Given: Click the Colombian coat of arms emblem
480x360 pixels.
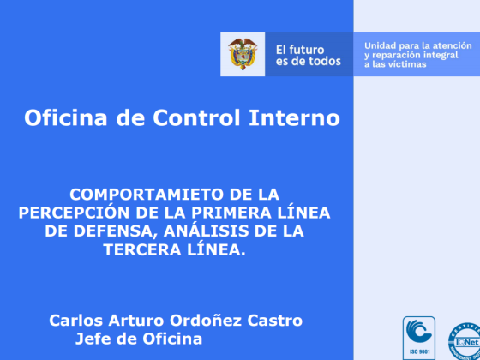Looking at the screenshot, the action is (x=243, y=54).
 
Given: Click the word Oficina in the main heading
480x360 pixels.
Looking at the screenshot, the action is (x=66, y=118).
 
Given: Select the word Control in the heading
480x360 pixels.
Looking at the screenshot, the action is (x=196, y=118).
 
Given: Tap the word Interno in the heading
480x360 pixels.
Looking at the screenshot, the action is (x=294, y=118).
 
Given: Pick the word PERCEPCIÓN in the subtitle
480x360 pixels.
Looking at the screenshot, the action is (x=74, y=213).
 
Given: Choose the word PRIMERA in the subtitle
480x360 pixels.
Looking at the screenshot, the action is (x=231, y=213).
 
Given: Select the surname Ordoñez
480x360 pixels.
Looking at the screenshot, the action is (x=206, y=321).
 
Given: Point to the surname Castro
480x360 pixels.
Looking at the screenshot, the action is (x=274, y=321).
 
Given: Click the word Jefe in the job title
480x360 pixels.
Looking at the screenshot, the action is (x=91, y=339).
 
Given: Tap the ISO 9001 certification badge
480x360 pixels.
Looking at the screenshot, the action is (x=419, y=338).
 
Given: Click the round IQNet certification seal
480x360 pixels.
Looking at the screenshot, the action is (x=465, y=341).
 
